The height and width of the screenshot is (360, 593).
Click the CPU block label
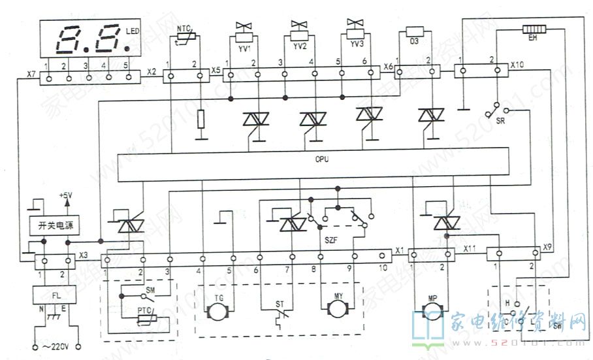321,159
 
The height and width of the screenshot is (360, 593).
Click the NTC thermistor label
185,29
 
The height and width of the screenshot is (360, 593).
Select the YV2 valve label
300,46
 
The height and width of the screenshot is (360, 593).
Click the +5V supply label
66,195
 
